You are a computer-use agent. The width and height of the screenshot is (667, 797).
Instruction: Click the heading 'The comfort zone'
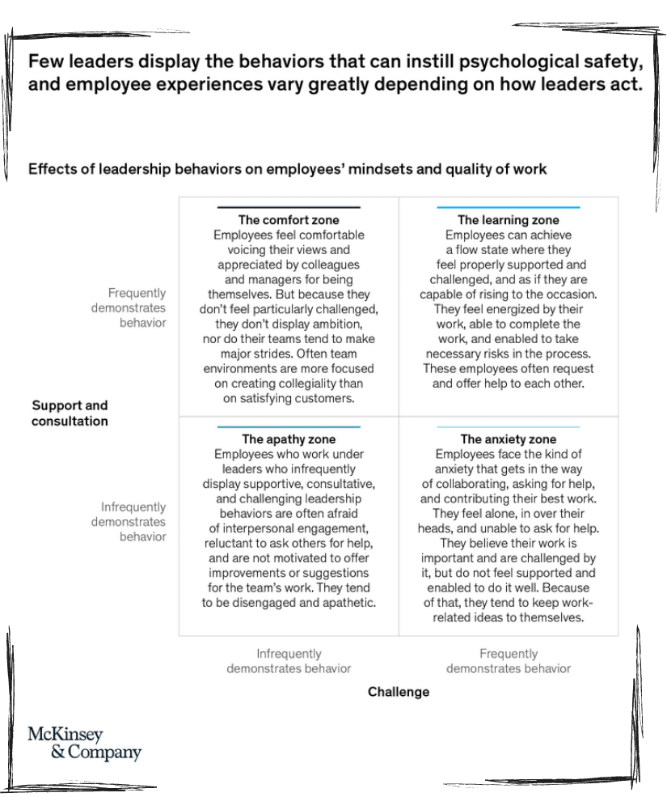click(289, 220)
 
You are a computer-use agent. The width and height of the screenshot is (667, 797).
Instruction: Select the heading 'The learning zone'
click(509, 220)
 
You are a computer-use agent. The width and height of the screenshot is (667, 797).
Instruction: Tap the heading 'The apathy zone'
click(289, 439)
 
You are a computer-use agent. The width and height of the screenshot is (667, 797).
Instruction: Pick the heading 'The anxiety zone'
click(509, 439)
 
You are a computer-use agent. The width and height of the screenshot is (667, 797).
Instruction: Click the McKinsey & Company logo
click(84, 744)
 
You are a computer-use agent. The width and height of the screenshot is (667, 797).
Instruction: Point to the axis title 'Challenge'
click(399, 692)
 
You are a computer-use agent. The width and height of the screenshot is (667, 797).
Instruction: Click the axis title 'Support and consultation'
click(70, 413)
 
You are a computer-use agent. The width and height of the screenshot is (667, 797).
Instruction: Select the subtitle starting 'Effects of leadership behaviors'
click(287, 169)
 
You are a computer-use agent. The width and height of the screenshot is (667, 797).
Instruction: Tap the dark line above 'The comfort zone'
click(289, 208)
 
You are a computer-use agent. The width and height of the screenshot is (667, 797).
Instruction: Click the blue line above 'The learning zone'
click(509, 208)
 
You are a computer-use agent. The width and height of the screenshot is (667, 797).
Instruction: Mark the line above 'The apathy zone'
click(289, 426)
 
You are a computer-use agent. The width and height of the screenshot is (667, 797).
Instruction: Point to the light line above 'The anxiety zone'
click(509, 426)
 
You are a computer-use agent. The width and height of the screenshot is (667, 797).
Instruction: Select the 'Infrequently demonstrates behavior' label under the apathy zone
click(289, 661)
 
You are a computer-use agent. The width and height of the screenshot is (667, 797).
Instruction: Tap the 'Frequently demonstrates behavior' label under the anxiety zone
click(509, 661)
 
